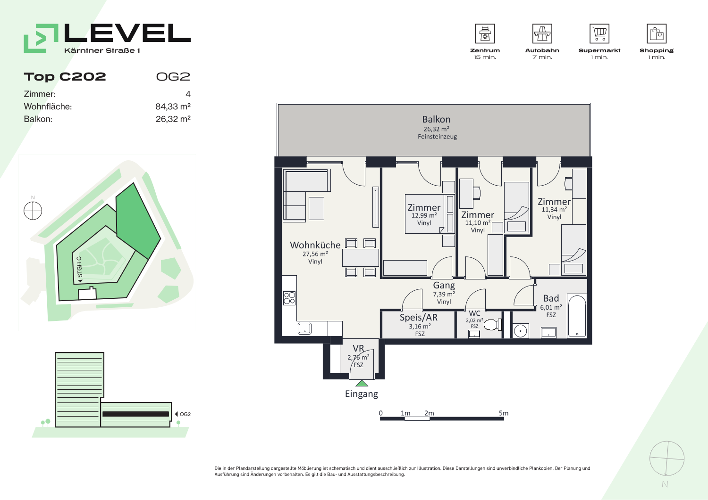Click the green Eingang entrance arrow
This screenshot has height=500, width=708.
[x=362, y=383]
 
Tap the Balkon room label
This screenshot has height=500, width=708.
[x=436, y=119]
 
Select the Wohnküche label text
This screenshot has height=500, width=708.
[x=315, y=245]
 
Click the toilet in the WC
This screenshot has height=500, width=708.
[x=492, y=325]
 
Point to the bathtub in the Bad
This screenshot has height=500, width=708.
[x=577, y=316]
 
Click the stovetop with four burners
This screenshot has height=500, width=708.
[x=289, y=298]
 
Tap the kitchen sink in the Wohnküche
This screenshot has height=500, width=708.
[x=304, y=328]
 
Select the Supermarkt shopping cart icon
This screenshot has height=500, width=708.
[x=599, y=33]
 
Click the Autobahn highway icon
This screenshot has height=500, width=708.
[x=542, y=33]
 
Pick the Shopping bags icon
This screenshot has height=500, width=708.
[x=657, y=33]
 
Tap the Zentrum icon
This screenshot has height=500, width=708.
[x=485, y=33]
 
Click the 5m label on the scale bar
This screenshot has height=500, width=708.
[x=504, y=413]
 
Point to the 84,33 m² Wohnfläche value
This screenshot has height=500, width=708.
[x=173, y=107]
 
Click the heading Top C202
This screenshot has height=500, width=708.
[x=65, y=77]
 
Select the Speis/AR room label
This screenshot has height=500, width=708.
[x=419, y=318]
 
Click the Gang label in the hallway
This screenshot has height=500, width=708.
[x=444, y=285]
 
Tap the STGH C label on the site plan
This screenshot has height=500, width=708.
[x=79, y=267]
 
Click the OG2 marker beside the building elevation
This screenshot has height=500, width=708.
[x=183, y=414]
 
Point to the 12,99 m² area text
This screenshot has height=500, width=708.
[x=424, y=215]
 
